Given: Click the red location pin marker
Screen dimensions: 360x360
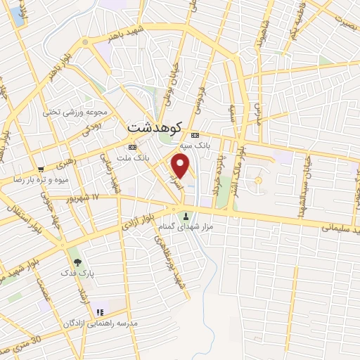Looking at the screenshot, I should (181, 166).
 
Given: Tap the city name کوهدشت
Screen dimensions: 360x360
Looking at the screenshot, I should (155, 127).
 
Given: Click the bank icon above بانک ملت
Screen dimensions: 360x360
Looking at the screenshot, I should (131, 146).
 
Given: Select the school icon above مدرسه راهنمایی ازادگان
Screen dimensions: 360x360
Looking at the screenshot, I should (99, 311).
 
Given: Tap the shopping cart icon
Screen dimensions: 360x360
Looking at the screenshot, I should (41, 169).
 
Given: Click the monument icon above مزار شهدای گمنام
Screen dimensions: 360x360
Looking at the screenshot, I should (186, 215).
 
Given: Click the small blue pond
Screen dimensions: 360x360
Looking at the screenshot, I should (16, 15).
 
